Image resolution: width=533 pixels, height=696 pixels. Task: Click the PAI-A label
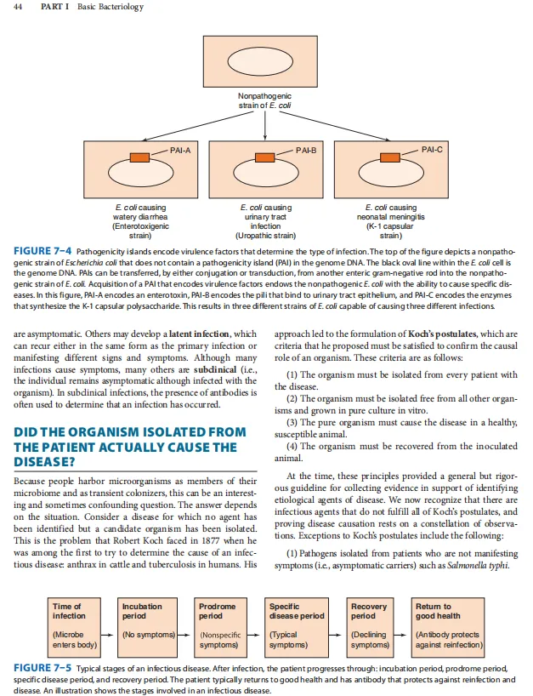click(x=180, y=150)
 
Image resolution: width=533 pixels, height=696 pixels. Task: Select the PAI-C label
click(x=431, y=150)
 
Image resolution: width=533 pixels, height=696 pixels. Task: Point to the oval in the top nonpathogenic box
click(x=266, y=64)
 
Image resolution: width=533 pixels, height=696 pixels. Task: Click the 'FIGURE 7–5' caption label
click(x=43, y=669)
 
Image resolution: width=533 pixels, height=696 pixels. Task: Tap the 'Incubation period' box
click(x=149, y=626)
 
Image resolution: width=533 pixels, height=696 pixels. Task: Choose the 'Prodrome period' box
click(x=222, y=626)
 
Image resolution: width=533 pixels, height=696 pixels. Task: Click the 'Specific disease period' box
click(x=296, y=626)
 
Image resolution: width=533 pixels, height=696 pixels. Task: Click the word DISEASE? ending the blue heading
click(x=44, y=462)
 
